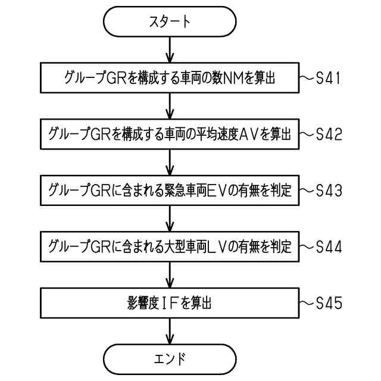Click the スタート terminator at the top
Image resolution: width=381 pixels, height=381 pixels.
(170, 22)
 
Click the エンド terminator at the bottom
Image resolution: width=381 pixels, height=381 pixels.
(170, 358)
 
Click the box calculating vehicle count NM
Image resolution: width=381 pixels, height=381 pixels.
(170, 78)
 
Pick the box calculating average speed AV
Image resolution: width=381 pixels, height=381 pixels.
(170, 135)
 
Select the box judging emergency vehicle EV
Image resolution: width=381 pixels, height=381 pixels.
(170, 190)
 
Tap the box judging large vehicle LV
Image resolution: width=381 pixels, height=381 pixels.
(170, 246)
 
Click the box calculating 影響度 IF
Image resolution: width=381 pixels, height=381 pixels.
(170, 303)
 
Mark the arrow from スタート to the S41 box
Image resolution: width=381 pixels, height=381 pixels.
(170, 50)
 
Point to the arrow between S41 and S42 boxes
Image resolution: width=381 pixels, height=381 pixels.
(170, 106)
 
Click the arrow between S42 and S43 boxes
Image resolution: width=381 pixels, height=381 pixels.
(170, 163)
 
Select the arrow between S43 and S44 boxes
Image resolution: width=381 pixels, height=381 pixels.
(170, 218)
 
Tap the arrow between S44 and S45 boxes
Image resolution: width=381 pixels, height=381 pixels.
(170, 274)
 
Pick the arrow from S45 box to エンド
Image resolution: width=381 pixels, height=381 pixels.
(170, 330)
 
